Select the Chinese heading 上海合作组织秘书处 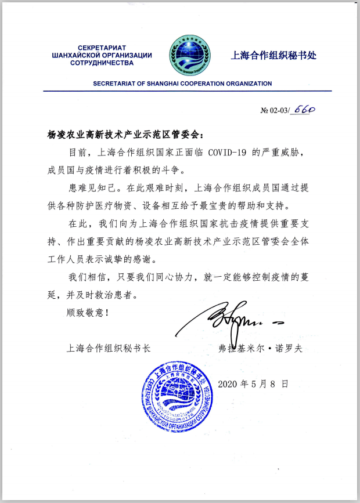click(275, 56)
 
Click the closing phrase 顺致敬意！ click(87, 312)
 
